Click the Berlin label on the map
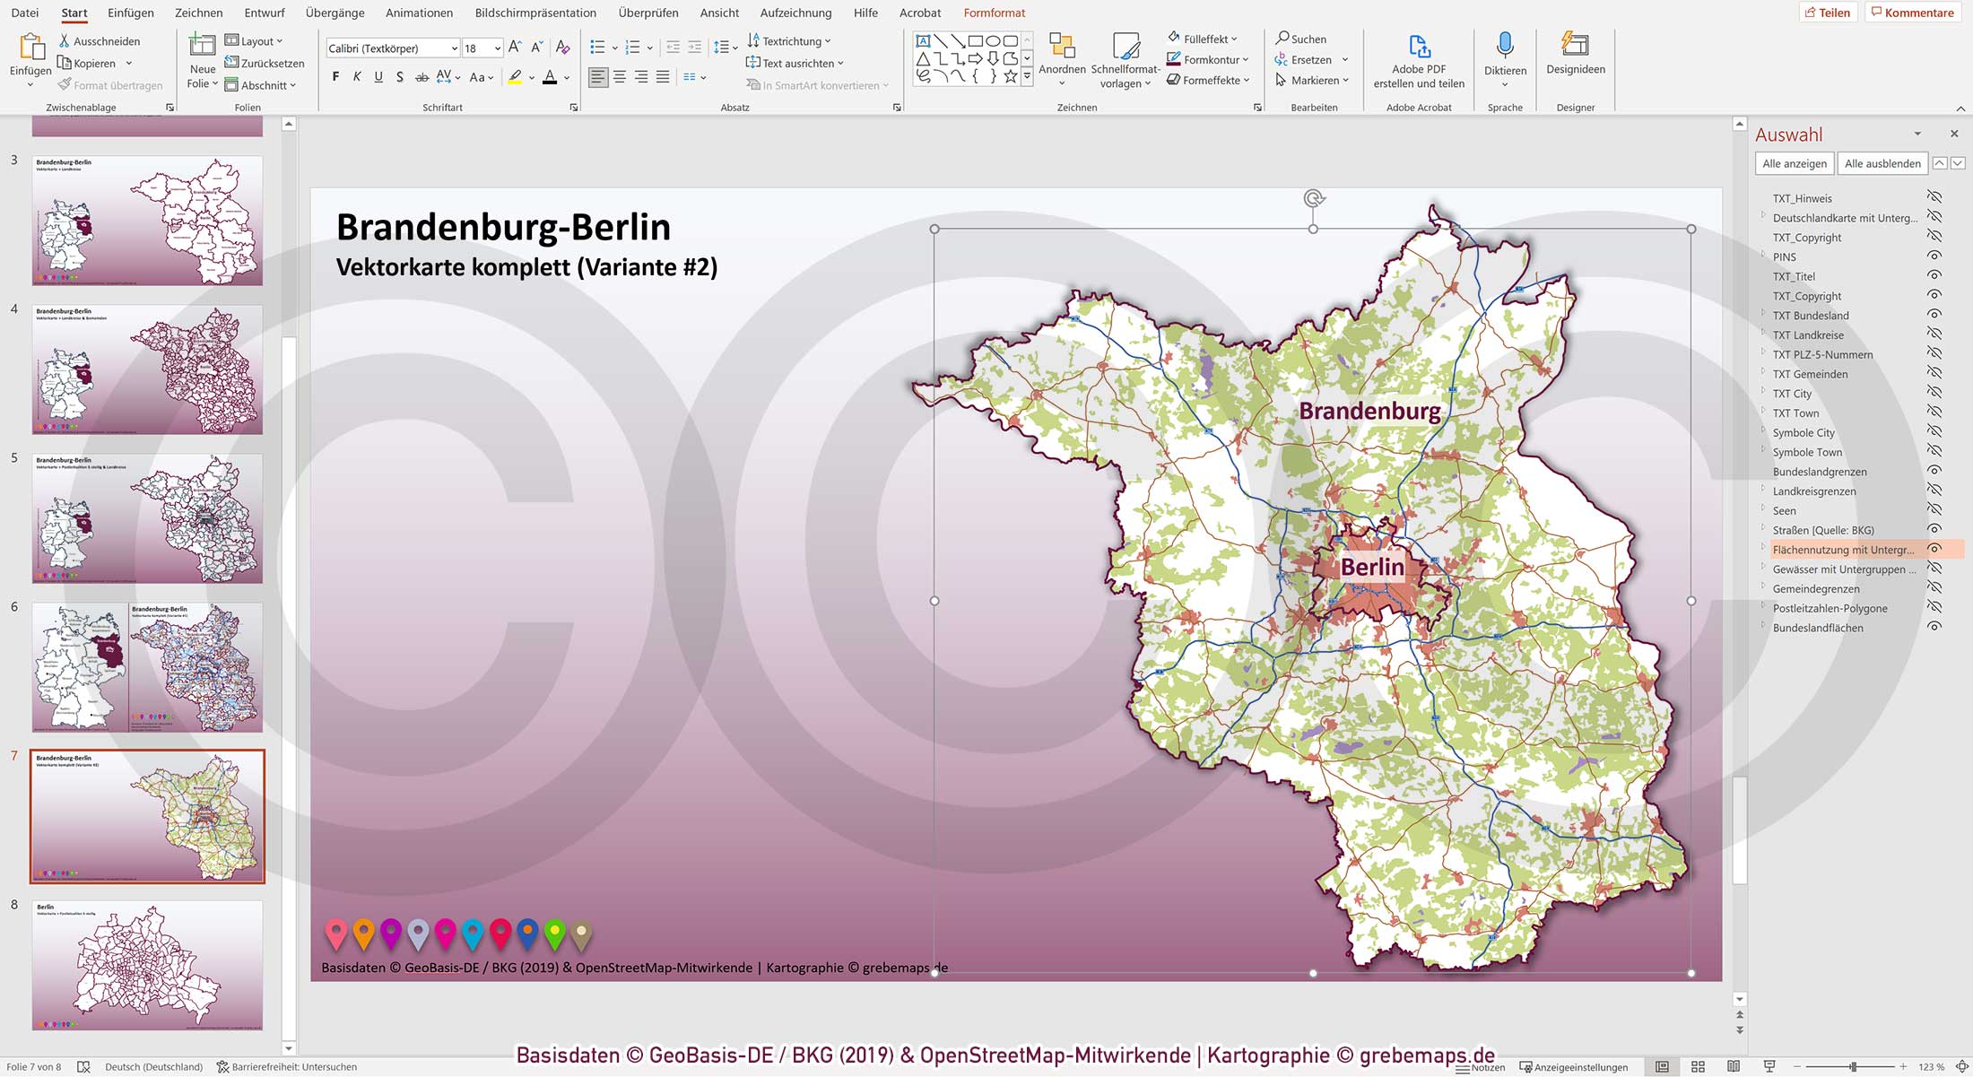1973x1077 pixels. pos(1371,567)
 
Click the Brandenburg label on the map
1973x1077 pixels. pos(1369,412)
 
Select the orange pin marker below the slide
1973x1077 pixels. pos(363,934)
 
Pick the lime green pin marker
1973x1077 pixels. pos(555,934)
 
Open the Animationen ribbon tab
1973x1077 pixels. pos(419,13)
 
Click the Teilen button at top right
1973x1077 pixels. pos(1827,13)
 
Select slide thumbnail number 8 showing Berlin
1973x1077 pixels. pos(147,965)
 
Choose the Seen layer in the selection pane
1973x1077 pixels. pos(1784,511)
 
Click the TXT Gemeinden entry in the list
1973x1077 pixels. pos(1810,374)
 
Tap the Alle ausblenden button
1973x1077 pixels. pos(1882,163)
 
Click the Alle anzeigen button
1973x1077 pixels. pos(1794,163)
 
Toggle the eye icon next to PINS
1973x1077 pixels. pos(1934,256)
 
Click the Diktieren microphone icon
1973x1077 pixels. pos(1504,45)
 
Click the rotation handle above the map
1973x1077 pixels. pos(1313,199)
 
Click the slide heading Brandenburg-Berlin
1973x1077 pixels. pos(503,228)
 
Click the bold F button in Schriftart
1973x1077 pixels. pos(335,77)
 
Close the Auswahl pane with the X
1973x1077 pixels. pos(1954,134)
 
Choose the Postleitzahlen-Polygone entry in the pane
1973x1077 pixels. pos(1830,609)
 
